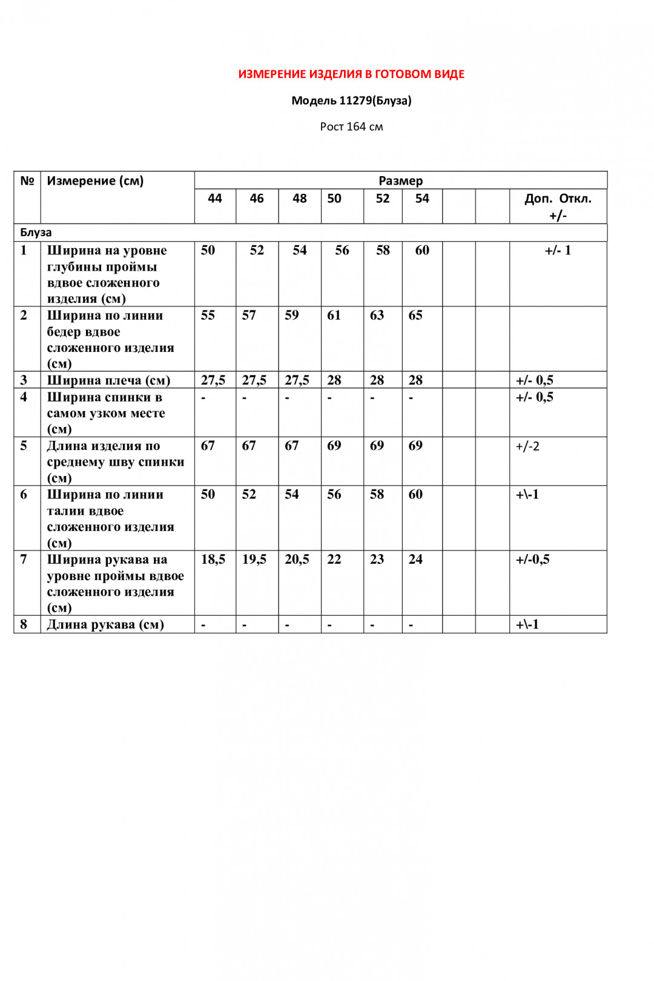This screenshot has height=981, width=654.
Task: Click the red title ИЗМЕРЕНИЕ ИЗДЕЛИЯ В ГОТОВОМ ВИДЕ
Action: pos(351,74)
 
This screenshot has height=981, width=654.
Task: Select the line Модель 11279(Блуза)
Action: pos(351,101)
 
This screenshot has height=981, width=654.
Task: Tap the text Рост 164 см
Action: pos(351,127)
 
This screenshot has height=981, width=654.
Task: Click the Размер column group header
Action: pos(400,180)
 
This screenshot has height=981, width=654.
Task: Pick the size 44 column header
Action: pos(215,199)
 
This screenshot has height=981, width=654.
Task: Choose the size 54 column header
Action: pos(422,199)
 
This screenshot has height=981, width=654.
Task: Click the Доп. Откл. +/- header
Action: pos(558,206)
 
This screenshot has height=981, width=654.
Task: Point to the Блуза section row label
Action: pos(36,233)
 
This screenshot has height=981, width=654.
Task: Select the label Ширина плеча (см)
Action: pos(108,380)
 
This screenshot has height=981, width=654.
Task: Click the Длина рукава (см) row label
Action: pos(105,624)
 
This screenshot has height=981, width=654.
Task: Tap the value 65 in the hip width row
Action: pos(415,315)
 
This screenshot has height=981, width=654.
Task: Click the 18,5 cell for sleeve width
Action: pos(213,560)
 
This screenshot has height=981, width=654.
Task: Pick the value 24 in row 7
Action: pos(415,560)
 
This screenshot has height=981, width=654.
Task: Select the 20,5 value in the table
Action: pos(297,560)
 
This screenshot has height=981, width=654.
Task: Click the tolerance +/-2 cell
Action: pos(527,446)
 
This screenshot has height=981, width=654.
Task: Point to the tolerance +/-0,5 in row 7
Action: pos(533,560)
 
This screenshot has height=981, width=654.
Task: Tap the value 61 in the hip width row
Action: pos(334,315)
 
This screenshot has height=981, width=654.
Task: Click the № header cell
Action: pos(27,181)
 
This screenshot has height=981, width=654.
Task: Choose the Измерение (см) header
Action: pos(95,181)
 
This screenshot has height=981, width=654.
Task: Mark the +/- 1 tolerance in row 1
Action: pos(558,251)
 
